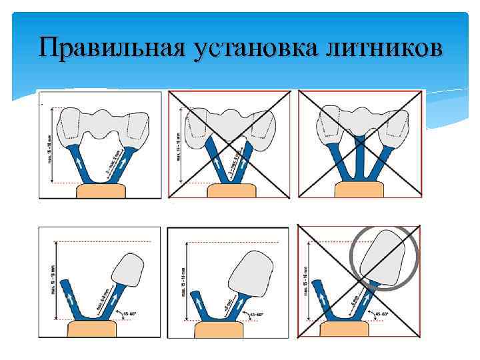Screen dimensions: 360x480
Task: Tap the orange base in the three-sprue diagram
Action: tap(360, 189)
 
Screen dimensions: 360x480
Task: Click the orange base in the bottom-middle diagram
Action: tap(228, 329)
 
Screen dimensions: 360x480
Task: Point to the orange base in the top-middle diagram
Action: tap(231, 191)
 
